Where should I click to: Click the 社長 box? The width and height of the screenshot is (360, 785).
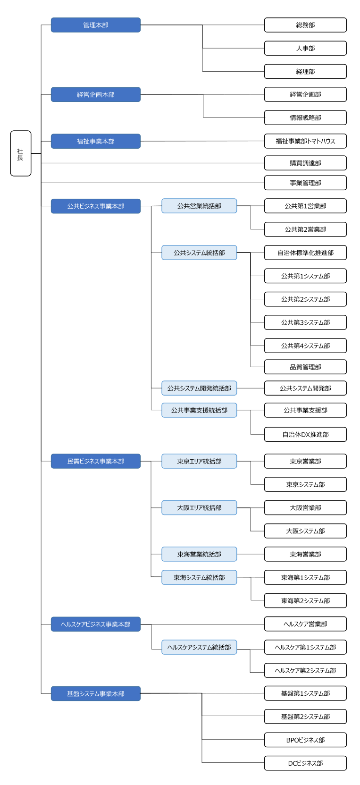pyautogui.click(x=21, y=153)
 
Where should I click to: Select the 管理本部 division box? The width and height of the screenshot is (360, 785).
pyautogui.click(x=96, y=25)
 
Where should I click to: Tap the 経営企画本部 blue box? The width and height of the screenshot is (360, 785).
pyautogui.click(x=96, y=94)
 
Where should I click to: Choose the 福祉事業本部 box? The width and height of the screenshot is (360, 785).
pyautogui.click(x=96, y=141)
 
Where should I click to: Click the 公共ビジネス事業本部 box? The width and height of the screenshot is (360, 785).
pyautogui.click(x=96, y=206)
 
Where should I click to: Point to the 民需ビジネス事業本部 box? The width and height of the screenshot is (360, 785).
pyautogui.click(x=96, y=461)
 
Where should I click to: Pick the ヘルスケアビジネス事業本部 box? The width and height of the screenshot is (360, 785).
pyautogui.click(x=96, y=624)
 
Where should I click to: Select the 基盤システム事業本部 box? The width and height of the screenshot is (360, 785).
pyautogui.click(x=96, y=693)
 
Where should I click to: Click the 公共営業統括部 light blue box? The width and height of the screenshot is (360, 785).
pyautogui.click(x=199, y=206)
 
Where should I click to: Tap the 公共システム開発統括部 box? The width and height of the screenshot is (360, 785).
pyautogui.click(x=199, y=388)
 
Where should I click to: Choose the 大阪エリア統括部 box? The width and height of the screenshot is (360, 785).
pyautogui.click(x=199, y=507)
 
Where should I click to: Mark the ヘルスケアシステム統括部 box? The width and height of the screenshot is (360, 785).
pyautogui.click(x=199, y=647)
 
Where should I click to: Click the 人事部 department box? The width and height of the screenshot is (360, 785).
pyautogui.click(x=305, y=48)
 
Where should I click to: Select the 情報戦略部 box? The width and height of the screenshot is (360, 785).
pyautogui.click(x=305, y=118)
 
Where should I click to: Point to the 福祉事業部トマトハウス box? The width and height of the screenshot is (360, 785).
pyautogui.click(x=305, y=141)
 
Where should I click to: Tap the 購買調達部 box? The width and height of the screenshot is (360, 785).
pyautogui.click(x=305, y=163)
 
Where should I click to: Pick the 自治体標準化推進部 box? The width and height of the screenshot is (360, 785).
pyautogui.click(x=305, y=253)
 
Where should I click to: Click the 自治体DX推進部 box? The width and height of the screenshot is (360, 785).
pyautogui.click(x=305, y=434)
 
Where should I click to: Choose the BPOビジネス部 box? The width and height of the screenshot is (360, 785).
pyautogui.click(x=305, y=740)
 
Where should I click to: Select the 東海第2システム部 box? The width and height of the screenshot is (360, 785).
pyautogui.click(x=305, y=600)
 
